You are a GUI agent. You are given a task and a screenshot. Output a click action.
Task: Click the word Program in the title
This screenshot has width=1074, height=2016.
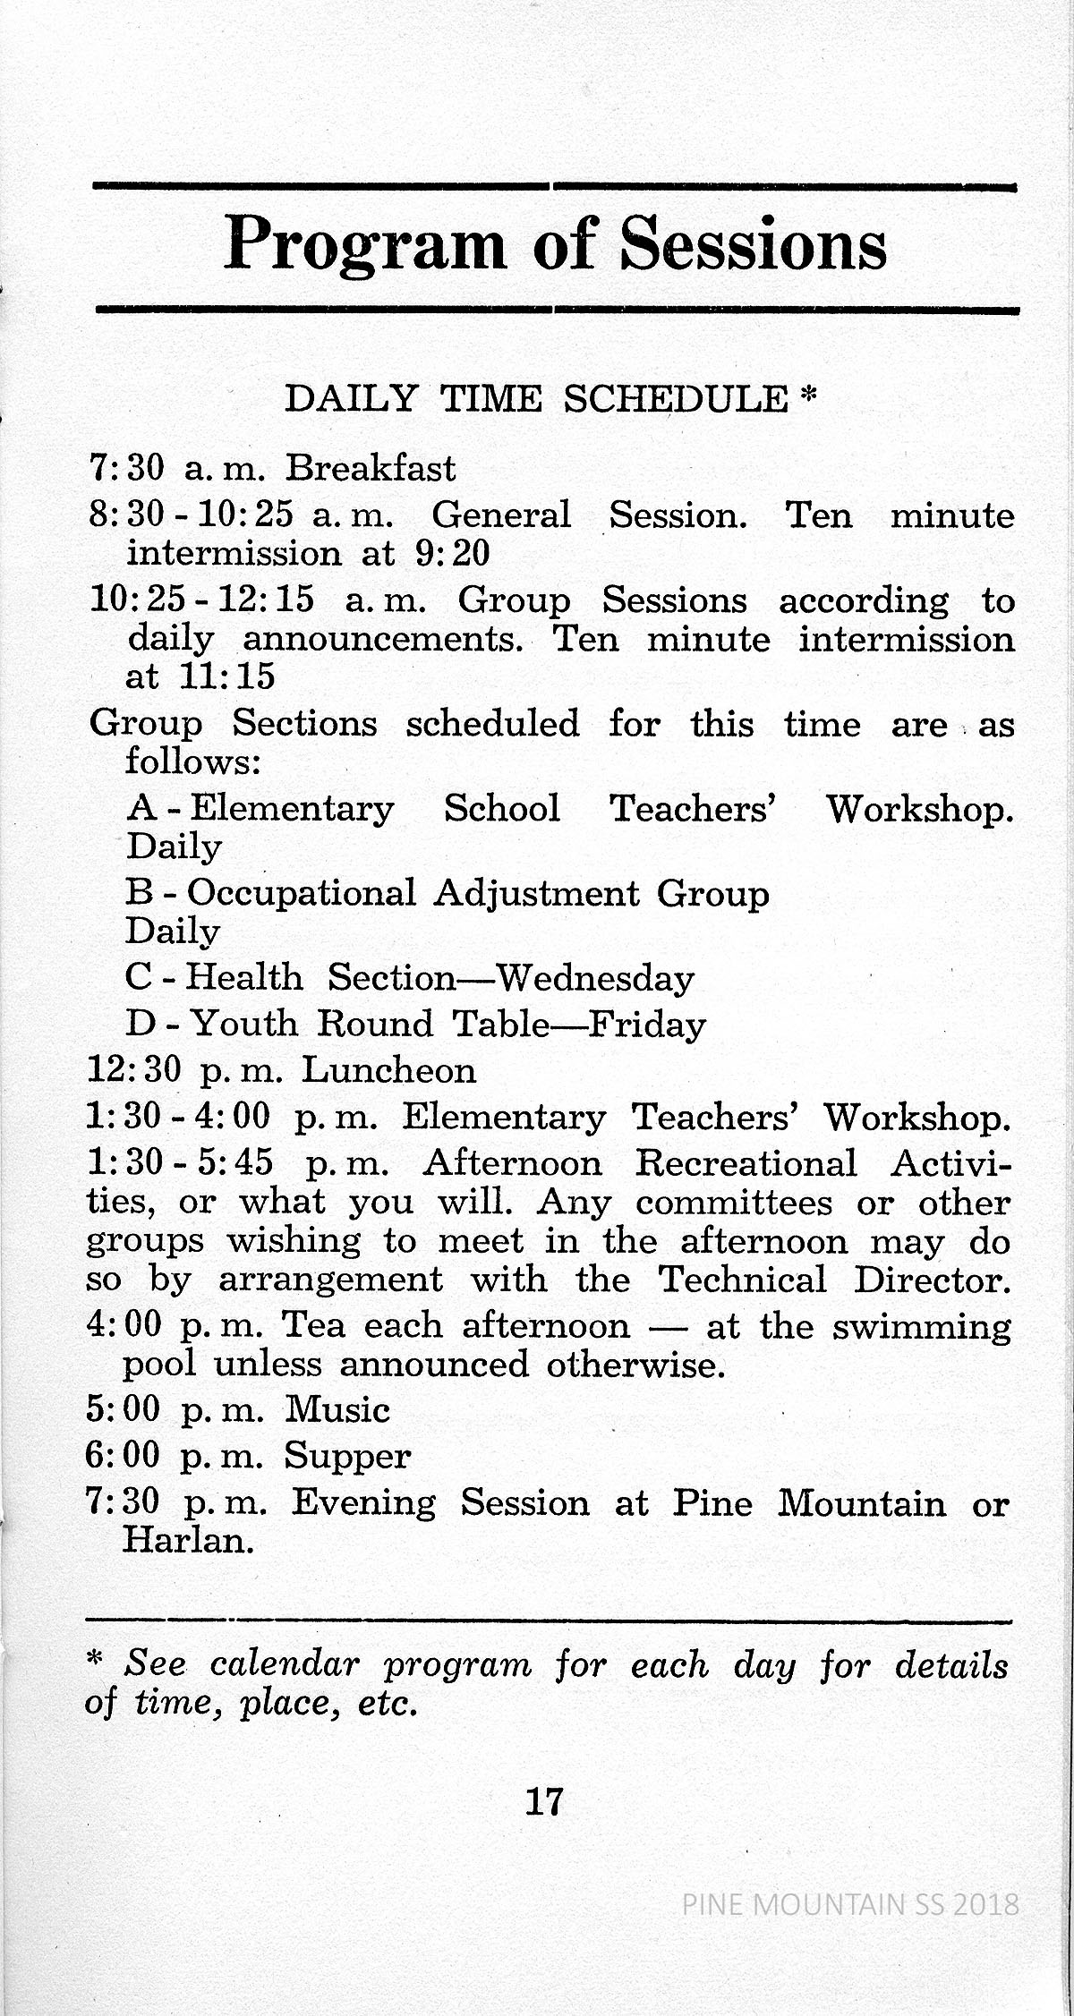coord(365,244)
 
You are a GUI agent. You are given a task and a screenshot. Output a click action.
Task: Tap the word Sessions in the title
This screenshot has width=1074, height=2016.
coord(754,244)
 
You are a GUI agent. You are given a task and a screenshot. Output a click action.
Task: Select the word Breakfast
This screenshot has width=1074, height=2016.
coord(371,468)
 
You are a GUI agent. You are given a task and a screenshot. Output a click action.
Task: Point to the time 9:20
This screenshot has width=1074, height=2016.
coord(453,553)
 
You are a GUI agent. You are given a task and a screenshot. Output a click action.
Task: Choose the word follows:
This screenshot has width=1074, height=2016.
coord(192,761)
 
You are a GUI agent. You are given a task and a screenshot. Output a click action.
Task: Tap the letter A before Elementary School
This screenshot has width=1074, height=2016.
coord(143,808)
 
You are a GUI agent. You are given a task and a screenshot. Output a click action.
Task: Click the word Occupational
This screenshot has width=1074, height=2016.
coord(302,893)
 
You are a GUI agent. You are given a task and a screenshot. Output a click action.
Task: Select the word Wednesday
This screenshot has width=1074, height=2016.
coord(595,977)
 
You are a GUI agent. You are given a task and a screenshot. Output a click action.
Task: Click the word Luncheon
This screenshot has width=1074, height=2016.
coord(388,1070)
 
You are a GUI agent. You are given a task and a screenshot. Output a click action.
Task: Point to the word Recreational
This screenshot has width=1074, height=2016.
coord(746,1163)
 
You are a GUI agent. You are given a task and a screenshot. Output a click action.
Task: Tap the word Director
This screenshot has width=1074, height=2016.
coord(932,1280)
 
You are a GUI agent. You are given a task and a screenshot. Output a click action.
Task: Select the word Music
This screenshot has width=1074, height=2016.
coord(337,1410)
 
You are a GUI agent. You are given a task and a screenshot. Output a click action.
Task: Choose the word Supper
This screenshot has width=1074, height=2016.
coord(348,1458)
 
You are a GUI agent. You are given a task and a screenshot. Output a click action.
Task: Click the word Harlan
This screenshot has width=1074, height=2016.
coord(188,1541)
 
